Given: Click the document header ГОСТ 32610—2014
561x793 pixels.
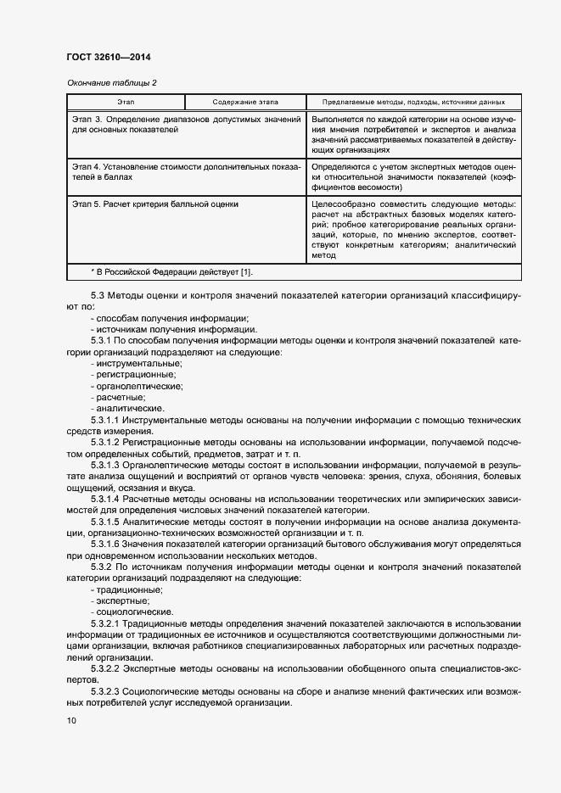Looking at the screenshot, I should pos(108,57).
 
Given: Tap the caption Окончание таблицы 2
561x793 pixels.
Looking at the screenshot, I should pos(110,83).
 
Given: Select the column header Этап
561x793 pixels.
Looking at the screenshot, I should pos(126,101).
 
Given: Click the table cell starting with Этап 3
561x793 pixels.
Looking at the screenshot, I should pos(186,126).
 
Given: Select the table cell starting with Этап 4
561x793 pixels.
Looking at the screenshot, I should pos(186,172).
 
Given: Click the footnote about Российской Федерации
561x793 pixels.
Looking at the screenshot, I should pos(171,271).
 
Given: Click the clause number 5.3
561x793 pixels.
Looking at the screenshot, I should pos(98,295).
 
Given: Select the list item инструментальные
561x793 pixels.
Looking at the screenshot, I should pos(136,363).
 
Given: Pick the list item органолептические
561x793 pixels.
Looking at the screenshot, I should pos(137,386).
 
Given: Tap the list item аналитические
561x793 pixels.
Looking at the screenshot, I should pos(129,409).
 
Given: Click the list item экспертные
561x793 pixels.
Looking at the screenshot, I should pos(124,600).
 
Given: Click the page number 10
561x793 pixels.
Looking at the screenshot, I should pos(70,721).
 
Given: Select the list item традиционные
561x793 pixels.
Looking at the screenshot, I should pos(130,589).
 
